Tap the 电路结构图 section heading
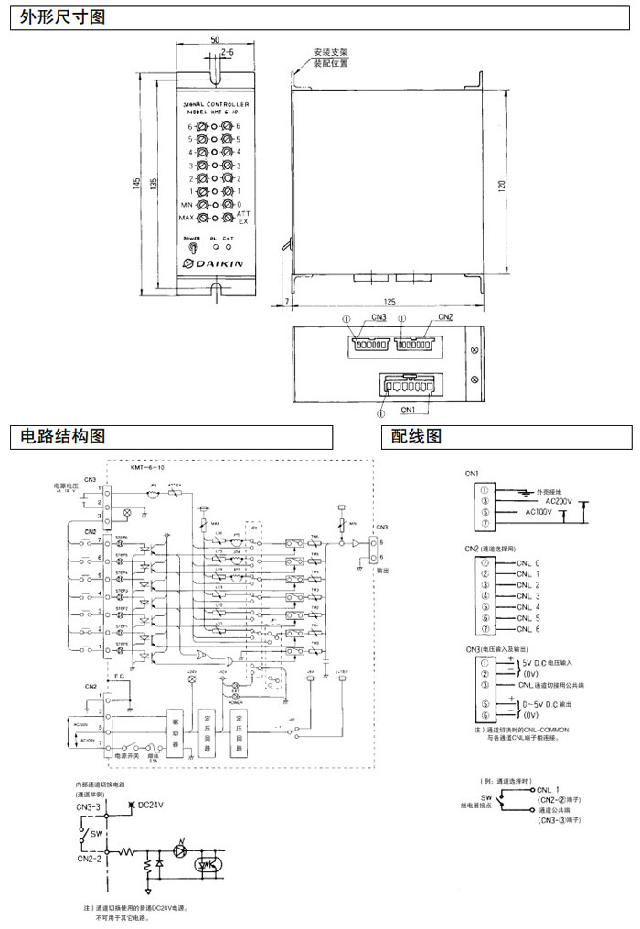point(58,437)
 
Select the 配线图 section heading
point(416,437)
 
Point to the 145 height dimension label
point(136,183)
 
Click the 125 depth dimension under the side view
point(391,300)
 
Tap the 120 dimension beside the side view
point(501,185)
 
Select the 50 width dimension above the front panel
point(215,41)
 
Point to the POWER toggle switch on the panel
point(192,247)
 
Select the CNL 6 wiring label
point(528,630)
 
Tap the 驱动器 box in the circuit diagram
point(176,733)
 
